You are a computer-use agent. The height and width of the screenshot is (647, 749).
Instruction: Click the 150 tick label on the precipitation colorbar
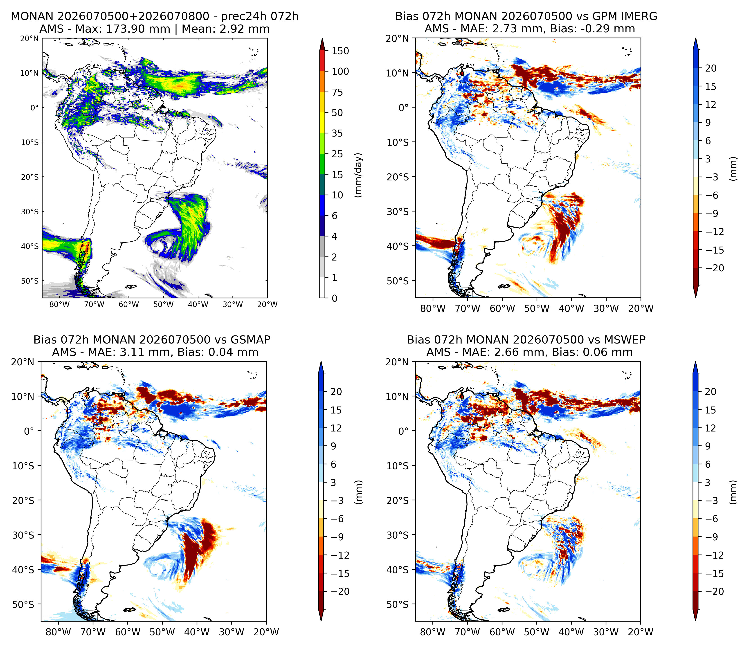pyautogui.click(x=340, y=51)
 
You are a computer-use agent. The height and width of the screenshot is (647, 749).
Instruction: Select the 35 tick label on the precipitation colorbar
pyautogui.click(x=337, y=133)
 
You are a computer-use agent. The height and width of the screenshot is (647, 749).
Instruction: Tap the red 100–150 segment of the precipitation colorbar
pyautogui.click(x=322, y=61)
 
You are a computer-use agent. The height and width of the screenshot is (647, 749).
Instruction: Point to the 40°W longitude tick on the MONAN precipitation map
pyautogui.click(x=198, y=304)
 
